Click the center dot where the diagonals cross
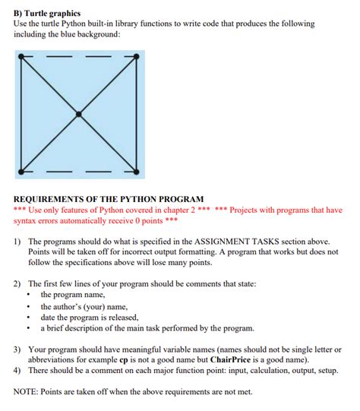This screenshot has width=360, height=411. [78, 114]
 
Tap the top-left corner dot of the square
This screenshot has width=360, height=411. [21, 56]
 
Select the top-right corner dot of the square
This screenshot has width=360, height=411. [137, 56]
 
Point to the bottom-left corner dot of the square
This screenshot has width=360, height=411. [21, 171]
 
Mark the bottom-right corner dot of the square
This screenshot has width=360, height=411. [137, 171]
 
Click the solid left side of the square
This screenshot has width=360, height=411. [21, 114]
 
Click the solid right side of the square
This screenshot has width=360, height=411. [137, 114]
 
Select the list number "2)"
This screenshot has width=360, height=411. [18, 283]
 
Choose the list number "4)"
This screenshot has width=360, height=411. [18, 371]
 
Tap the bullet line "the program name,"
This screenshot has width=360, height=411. [73, 294]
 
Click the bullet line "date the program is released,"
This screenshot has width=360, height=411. [90, 317]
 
